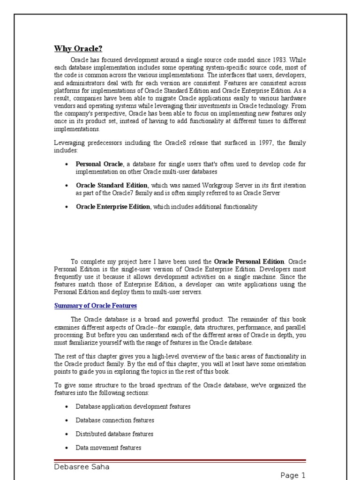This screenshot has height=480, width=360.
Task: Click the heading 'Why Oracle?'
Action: pos(78,49)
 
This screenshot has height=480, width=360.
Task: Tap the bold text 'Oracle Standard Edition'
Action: pos(110,185)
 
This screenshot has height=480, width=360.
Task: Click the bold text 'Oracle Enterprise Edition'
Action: pos(113,207)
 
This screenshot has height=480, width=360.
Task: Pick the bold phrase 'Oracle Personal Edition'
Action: pos(249,261)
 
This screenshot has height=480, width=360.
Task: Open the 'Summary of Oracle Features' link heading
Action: pos(96,306)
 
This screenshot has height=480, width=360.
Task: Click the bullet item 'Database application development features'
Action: pos(133,406)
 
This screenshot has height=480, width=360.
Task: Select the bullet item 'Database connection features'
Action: pos(115,420)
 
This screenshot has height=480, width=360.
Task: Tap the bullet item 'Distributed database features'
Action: pos(114,434)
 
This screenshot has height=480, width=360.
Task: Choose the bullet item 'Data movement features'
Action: pos(108,448)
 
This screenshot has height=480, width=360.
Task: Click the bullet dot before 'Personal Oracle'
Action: pos(67,165)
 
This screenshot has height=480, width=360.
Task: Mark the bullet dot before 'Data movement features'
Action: pos(67,448)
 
